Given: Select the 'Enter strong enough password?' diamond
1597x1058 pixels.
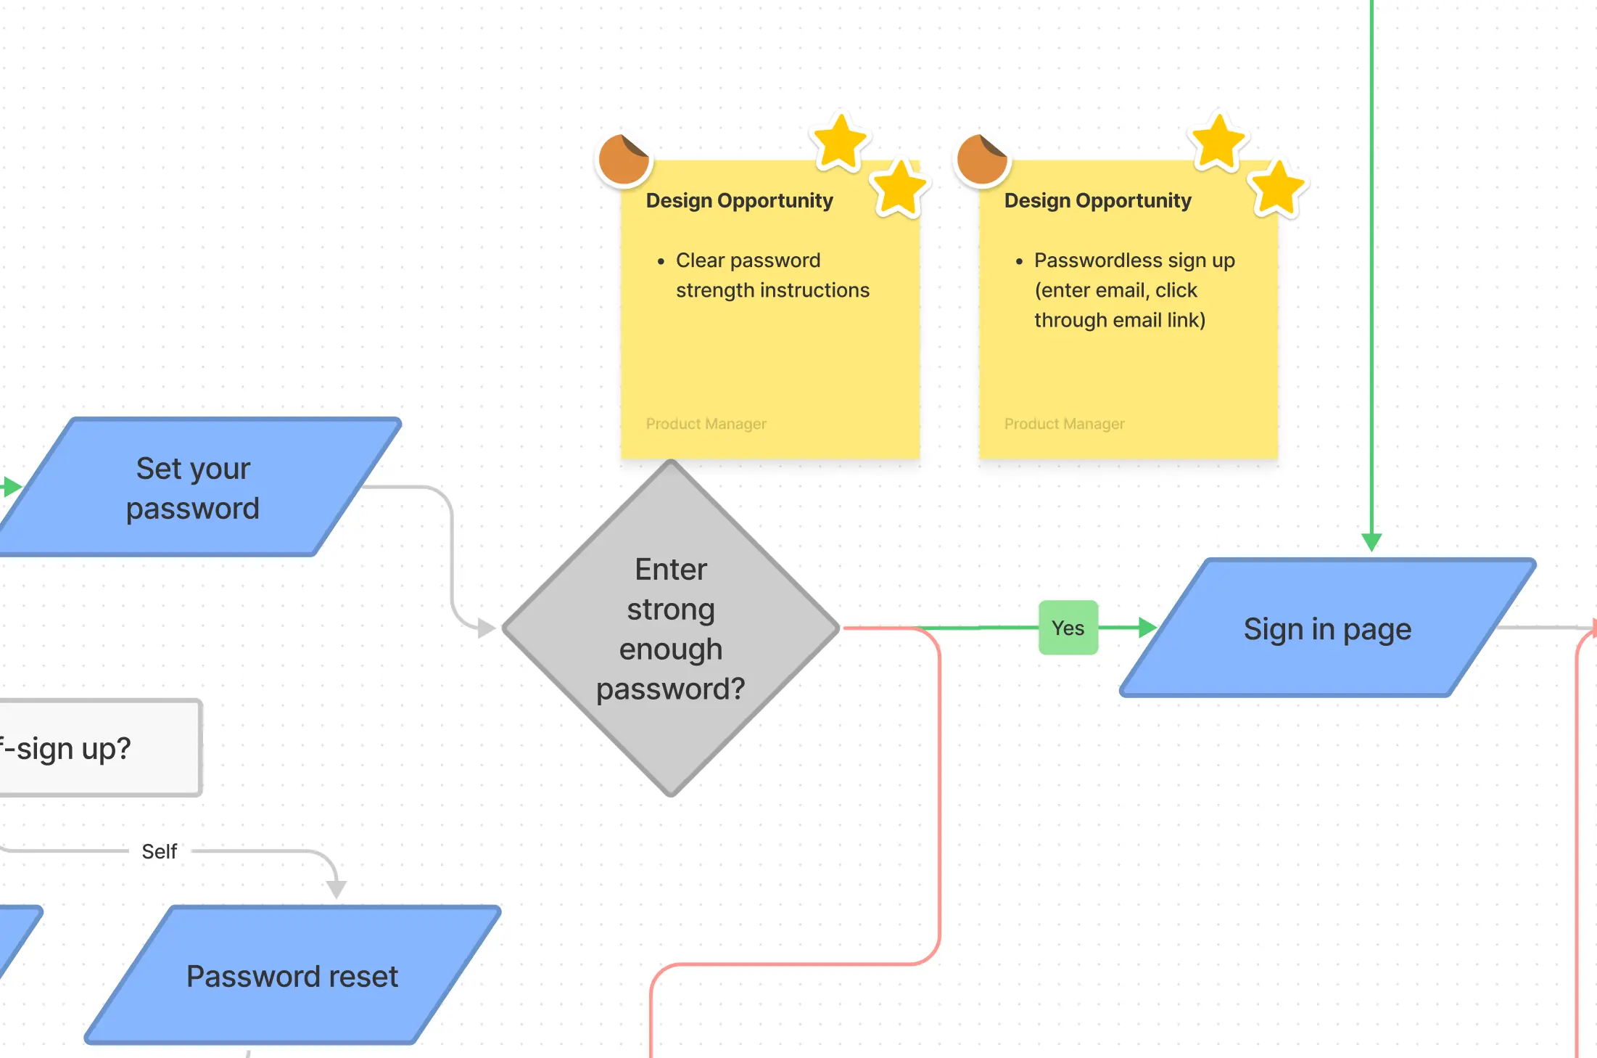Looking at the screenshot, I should (x=671, y=628).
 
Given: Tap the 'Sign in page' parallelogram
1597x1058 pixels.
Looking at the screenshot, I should (x=1327, y=628).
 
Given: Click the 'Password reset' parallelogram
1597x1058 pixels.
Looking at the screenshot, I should (x=292, y=976).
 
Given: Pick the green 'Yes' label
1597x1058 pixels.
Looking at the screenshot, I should (x=1068, y=628).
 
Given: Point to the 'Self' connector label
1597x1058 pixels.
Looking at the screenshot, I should (x=160, y=851).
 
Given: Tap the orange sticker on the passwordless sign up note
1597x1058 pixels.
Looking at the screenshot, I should (x=982, y=159).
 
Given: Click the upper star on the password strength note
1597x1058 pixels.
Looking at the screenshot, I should (x=840, y=142).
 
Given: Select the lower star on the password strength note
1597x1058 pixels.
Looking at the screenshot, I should (x=899, y=189).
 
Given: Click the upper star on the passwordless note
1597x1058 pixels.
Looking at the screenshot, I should (x=1218, y=142).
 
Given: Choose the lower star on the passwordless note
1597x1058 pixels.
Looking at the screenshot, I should (x=1278, y=189).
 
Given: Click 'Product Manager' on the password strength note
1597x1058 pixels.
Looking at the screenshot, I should (x=706, y=424).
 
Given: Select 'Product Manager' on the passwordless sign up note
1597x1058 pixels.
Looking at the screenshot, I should (x=1064, y=424).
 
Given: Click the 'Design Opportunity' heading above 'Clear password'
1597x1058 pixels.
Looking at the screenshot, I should (x=739, y=200).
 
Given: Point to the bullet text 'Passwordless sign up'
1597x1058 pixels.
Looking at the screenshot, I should (x=1134, y=261).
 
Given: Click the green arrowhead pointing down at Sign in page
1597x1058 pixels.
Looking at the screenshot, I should (x=1371, y=541).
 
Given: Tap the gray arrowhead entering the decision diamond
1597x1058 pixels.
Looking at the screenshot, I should (x=486, y=628).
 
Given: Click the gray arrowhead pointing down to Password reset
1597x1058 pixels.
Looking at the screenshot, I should (x=336, y=888).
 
